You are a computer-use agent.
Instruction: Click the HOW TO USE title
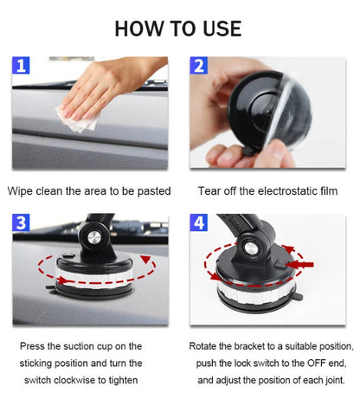178,28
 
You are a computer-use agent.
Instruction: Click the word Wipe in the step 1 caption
22,191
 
